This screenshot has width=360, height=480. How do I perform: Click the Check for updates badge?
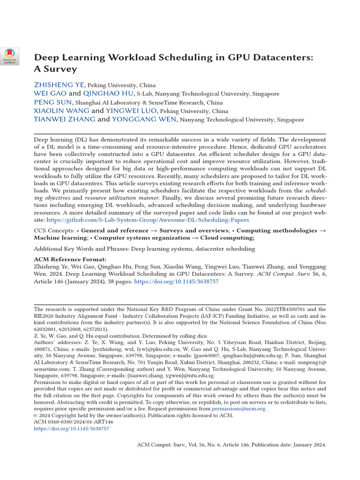tap(10, 56)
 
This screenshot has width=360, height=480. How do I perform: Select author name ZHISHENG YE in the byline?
tap(59, 85)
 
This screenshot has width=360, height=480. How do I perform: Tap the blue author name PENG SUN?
tap(53, 102)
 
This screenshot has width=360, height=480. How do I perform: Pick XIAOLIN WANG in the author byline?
tap(61, 111)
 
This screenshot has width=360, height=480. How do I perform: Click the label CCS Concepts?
tap(54, 231)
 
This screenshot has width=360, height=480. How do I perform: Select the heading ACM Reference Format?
tap(70, 259)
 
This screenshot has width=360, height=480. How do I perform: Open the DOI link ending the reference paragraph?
tap(176, 282)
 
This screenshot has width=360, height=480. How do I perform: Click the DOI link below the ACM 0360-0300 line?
tap(72, 428)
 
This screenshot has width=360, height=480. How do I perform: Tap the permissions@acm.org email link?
tap(239, 409)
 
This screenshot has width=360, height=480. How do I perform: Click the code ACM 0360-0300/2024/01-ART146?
tap(74, 422)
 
